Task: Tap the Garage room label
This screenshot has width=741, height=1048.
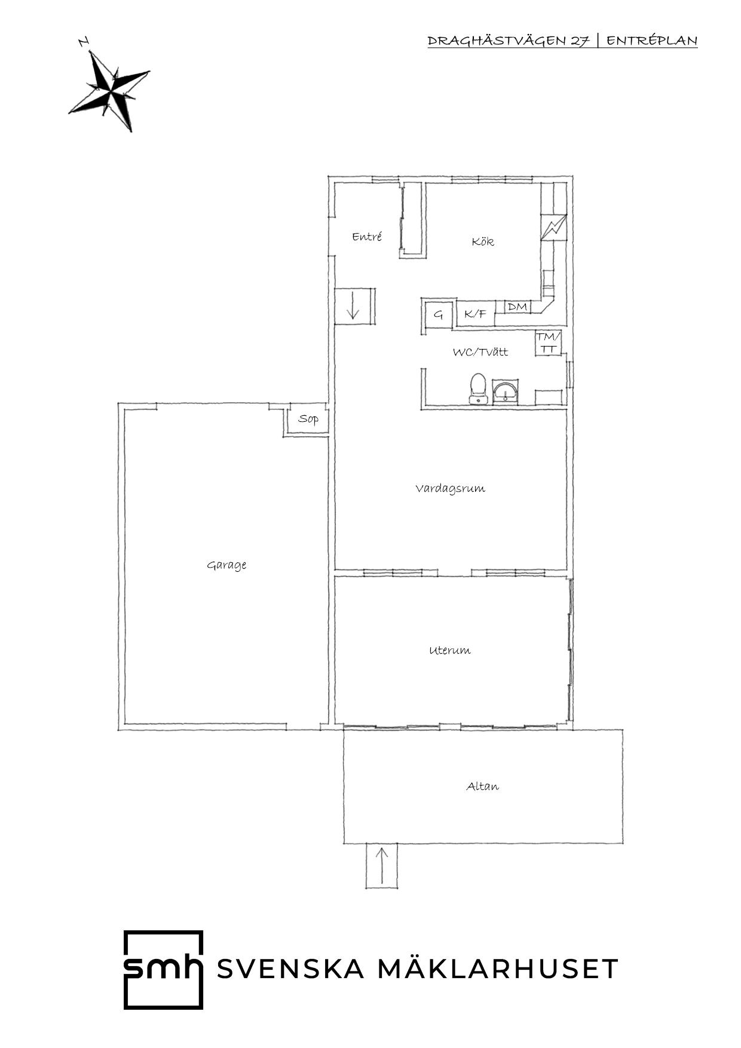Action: point(226,565)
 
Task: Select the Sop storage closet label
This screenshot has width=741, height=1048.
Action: point(308,419)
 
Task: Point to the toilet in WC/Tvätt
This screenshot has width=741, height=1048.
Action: point(478,389)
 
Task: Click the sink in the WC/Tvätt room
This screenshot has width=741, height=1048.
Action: point(506,392)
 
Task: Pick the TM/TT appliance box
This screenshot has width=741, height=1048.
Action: point(549,343)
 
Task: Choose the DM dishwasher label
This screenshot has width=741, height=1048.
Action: point(518,307)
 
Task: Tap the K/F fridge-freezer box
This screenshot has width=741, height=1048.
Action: point(476,314)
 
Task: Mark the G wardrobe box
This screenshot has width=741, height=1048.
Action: point(439,314)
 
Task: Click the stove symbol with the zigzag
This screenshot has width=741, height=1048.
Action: point(553,227)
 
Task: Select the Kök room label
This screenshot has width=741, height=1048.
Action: point(483,241)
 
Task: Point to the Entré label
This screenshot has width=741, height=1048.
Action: point(367,237)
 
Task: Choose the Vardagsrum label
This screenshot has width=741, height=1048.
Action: point(450,489)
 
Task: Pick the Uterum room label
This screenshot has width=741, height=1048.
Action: point(449,650)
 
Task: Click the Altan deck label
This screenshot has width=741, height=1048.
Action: point(482,786)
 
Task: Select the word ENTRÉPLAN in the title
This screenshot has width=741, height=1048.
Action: point(652,41)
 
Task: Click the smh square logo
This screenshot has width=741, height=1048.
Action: point(163,970)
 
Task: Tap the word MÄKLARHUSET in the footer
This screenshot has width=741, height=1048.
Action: point(498,969)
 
